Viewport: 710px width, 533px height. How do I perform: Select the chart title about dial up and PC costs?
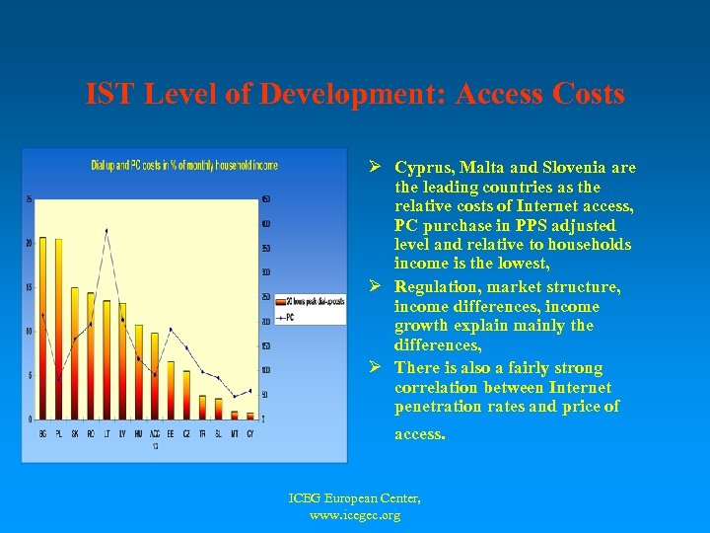[x=184, y=164]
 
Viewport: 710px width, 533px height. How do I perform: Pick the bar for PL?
[x=57, y=329]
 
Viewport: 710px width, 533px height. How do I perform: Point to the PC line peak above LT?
[x=106, y=230]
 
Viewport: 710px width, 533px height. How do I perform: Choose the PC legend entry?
[x=290, y=317]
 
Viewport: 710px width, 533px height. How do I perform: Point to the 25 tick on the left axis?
[x=29, y=199]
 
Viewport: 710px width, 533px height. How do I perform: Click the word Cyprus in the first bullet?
[x=424, y=168]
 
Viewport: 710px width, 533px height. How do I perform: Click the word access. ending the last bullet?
[x=420, y=433]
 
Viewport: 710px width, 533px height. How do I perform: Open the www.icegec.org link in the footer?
[x=354, y=515]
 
